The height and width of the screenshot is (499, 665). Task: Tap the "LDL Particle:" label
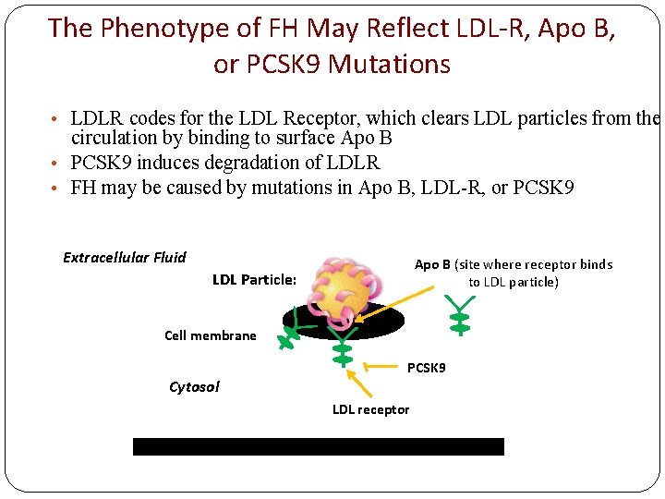(254, 280)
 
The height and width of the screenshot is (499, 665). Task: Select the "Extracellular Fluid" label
(125, 258)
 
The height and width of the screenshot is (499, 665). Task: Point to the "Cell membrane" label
(211, 335)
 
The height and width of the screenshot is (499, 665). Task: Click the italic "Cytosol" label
(194, 387)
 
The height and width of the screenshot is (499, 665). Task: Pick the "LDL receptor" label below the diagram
(370, 409)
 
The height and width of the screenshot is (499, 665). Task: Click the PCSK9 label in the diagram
(426, 368)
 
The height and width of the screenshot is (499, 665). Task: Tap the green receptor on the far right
(459, 315)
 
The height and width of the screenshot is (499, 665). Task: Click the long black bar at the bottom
(319, 447)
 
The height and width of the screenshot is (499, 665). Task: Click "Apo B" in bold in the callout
(432, 264)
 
